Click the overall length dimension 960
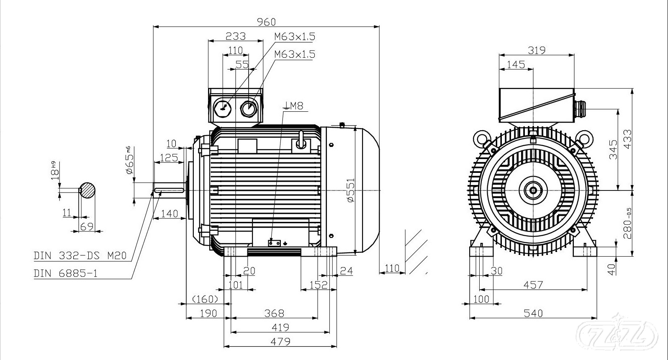(267, 21)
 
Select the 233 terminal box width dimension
(236, 36)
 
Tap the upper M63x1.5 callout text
(295, 37)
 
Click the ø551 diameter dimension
(351, 190)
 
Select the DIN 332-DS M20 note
(80, 255)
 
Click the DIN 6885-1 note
(66, 273)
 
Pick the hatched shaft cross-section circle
(87, 190)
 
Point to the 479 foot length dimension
(280, 341)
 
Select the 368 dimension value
(275, 313)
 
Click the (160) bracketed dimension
(205, 299)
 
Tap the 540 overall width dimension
(533, 313)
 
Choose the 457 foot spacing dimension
(533, 285)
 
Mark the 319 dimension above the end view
(537, 50)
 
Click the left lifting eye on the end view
(480, 137)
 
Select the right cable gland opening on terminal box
(248, 108)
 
